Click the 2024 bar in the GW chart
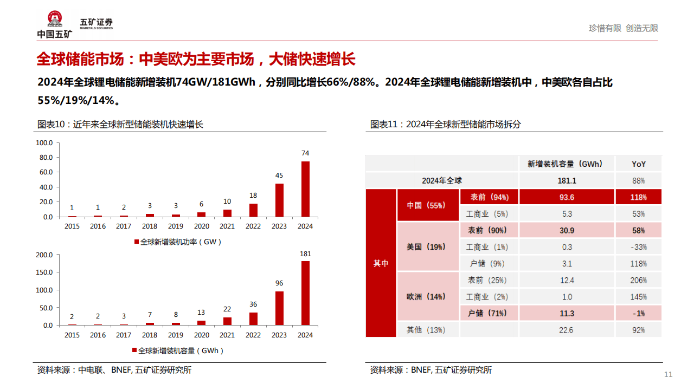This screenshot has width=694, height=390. coord(306,189)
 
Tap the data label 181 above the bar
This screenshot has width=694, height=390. coord(305,253)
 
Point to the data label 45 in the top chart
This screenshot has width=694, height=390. coord(279,175)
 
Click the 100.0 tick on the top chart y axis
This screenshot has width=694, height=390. coord(44,143)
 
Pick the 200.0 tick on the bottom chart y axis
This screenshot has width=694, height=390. coord(44,255)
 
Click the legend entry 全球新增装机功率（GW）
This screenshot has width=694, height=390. coord(178,242)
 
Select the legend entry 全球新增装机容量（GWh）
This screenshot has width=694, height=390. coord(178,350)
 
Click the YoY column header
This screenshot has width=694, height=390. coord(638,164)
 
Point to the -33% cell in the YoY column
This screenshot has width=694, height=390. coord(638,247)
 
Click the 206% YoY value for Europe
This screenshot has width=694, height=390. coord(638,280)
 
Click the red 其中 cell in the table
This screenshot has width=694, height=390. coord(381,263)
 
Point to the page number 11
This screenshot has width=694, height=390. coord(668,375)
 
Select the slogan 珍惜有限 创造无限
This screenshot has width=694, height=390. coord(624,28)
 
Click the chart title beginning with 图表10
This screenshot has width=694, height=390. coord(120,124)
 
